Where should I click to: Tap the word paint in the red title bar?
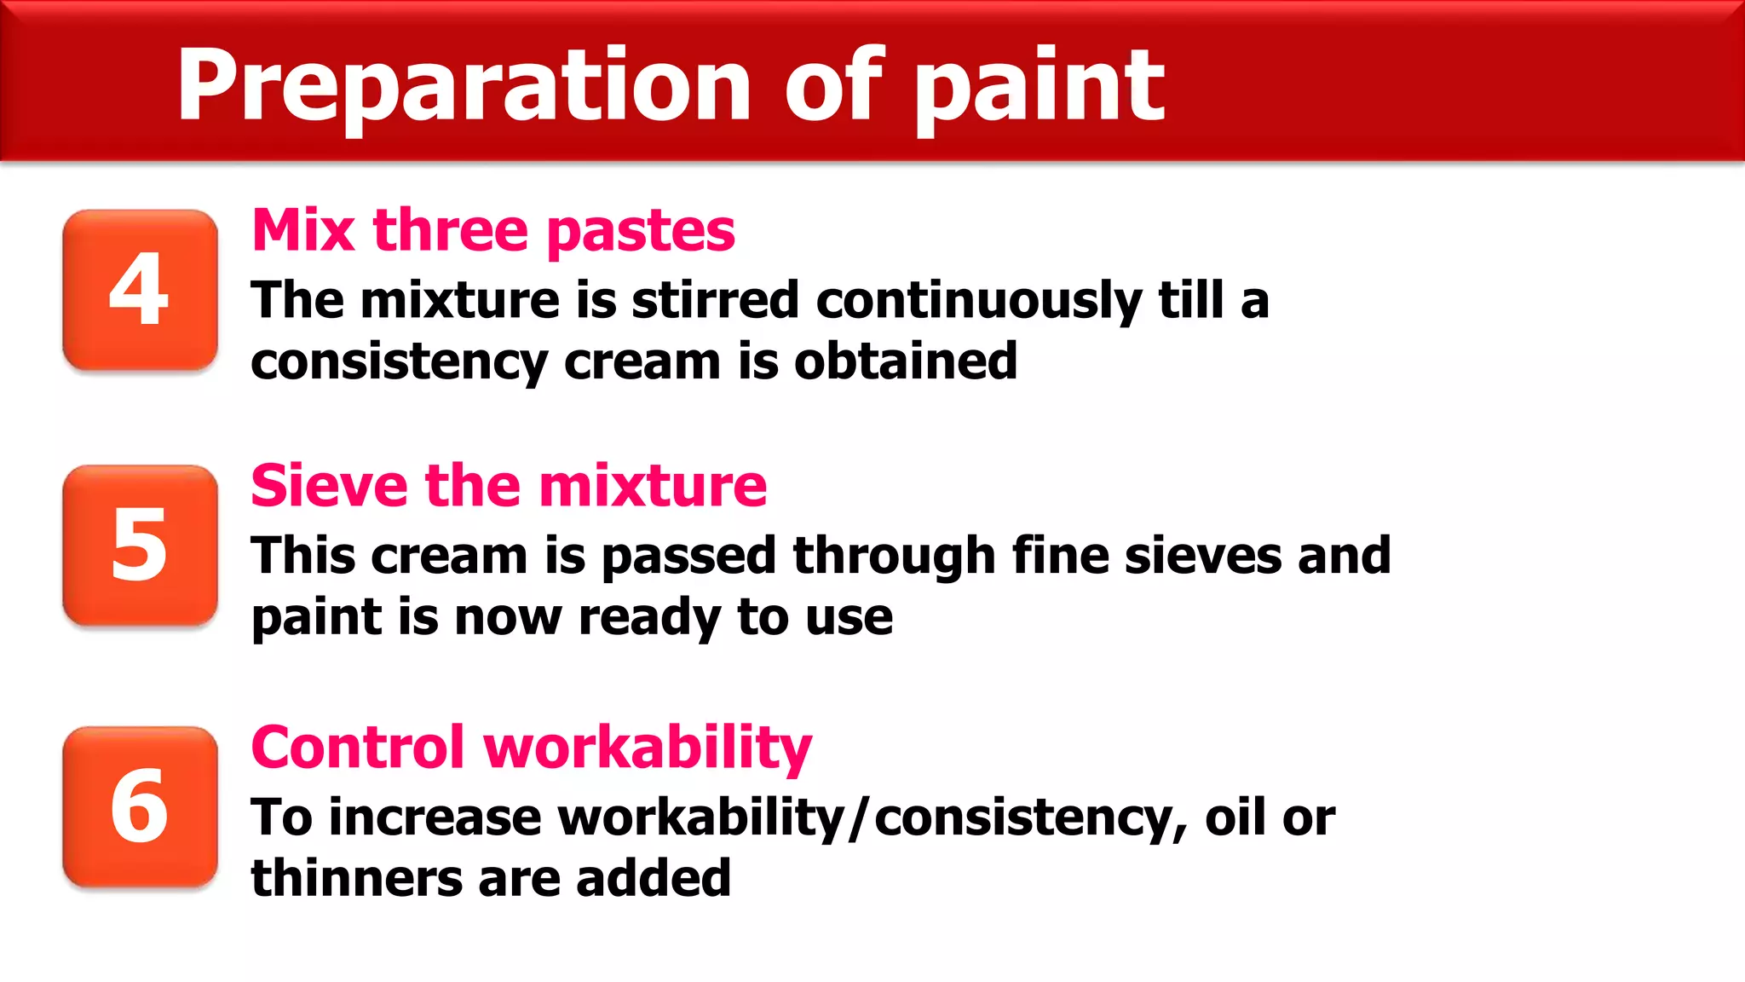click(x=1039, y=85)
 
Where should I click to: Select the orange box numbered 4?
click(x=140, y=290)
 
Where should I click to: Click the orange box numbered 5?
click(x=140, y=546)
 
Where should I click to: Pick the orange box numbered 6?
click(x=140, y=807)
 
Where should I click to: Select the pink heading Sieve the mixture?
click(x=509, y=486)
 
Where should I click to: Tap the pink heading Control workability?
click(x=531, y=748)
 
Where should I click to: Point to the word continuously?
click(x=979, y=301)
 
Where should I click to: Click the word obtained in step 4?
click(x=906, y=361)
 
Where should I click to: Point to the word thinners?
click(x=356, y=878)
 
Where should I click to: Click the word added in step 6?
click(x=654, y=878)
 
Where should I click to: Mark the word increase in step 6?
click(x=435, y=817)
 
